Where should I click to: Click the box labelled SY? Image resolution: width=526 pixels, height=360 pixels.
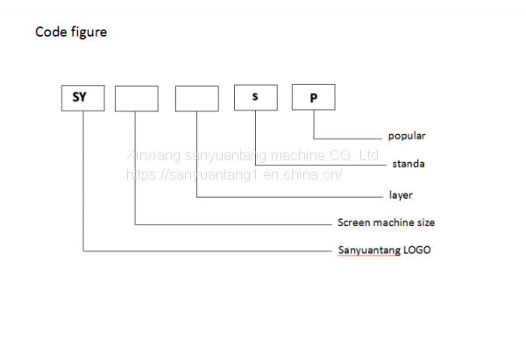(x=83, y=97)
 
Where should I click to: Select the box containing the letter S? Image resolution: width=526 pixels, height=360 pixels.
(x=255, y=96)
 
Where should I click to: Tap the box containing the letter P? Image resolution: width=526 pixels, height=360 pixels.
(x=313, y=97)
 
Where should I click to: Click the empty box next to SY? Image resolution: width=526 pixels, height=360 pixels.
(x=137, y=98)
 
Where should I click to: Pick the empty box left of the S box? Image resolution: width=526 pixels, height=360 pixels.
(x=197, y=98)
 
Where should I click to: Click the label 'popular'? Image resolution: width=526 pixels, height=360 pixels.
(x=407, y=137)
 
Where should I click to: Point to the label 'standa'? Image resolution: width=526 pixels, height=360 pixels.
(x=409, y=163)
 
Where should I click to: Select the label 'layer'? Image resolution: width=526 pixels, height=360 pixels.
(x=401, y=194)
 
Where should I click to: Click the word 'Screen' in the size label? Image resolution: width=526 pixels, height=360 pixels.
(x=354, y=222)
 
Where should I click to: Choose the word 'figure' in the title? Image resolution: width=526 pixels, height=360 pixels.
(x=89, y=32)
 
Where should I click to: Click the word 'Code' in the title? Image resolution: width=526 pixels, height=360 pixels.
(x=50, y=32)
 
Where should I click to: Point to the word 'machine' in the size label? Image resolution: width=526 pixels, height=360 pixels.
(x=395, y=222)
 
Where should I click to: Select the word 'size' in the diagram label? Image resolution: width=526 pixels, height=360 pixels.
(x=426, y=222)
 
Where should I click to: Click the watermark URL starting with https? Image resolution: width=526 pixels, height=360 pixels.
(x=234, y=174)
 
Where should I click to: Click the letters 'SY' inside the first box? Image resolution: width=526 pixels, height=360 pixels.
(x=83, y=97)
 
